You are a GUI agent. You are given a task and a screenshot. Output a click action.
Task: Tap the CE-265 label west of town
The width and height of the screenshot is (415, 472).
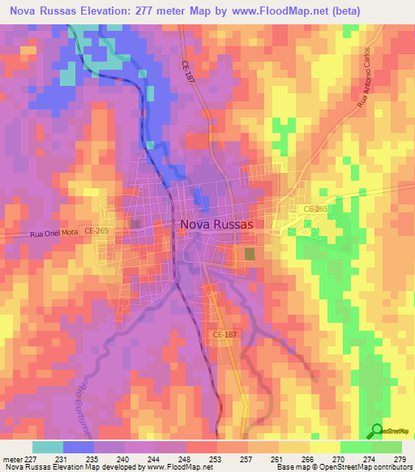pos(96,231)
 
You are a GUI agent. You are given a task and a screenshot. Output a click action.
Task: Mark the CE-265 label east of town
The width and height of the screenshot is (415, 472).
pos(315,209)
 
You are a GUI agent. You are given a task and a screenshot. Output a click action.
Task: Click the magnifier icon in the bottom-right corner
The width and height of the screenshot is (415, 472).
pos(377,431)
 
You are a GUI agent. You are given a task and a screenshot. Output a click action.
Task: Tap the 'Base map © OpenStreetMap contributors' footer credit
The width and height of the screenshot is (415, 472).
pos(342,467)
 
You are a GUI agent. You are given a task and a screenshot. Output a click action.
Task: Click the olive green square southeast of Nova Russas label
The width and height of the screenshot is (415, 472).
pos(248,255)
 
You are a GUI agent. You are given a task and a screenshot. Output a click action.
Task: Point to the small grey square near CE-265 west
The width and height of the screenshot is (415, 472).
pos(135,223)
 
